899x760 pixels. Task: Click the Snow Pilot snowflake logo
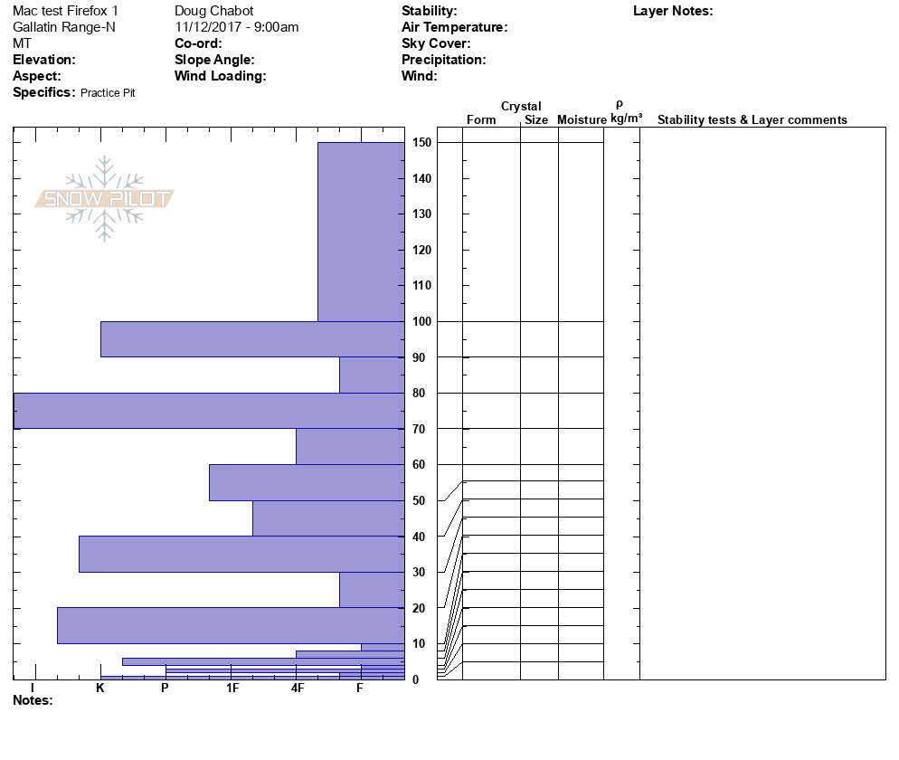pos(105,198)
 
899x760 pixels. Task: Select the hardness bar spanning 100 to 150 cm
pos(360,232)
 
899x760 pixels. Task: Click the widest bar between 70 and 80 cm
pos(208,411)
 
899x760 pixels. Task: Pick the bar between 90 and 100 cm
pos(251,339)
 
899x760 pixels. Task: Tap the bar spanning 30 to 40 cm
pos(241,554)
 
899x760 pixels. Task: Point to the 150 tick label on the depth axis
pos(421,143)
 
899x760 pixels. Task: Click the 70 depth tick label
pos(421,429)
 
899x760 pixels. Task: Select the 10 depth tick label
pos(421,644)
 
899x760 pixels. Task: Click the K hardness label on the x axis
pos(100,689)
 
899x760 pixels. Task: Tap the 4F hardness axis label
pos(298,689)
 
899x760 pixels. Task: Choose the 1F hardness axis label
pos(232,689)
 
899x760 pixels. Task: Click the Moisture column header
pos(582,120)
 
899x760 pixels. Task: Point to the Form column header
pos(481,120)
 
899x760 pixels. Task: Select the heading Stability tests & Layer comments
pos(752,120)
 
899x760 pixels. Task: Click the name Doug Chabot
pos(213,11)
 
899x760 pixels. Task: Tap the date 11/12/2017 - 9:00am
pos(236,27)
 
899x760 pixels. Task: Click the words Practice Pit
pos(108,93)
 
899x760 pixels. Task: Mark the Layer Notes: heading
pos(673,11)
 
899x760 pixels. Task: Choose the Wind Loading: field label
pos(220,76)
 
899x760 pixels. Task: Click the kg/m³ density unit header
pos(626,119)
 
